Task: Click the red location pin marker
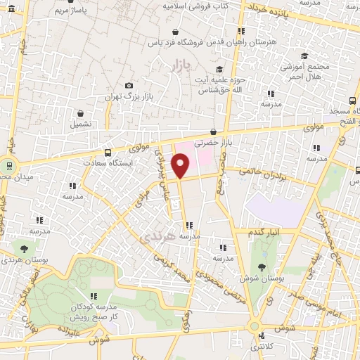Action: point(181,165)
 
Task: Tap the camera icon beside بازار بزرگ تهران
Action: point(129,86)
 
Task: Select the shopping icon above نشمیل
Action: point(80,112)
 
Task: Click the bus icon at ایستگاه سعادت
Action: point(108,153)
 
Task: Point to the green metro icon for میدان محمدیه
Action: point(9,166)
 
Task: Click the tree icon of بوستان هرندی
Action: point(25,249)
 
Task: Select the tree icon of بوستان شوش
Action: point(262,267)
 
